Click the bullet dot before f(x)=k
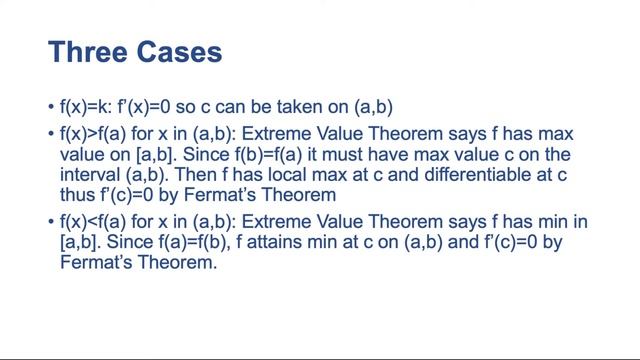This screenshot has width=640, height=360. coord(52,107)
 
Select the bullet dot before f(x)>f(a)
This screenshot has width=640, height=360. coord(52,134)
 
